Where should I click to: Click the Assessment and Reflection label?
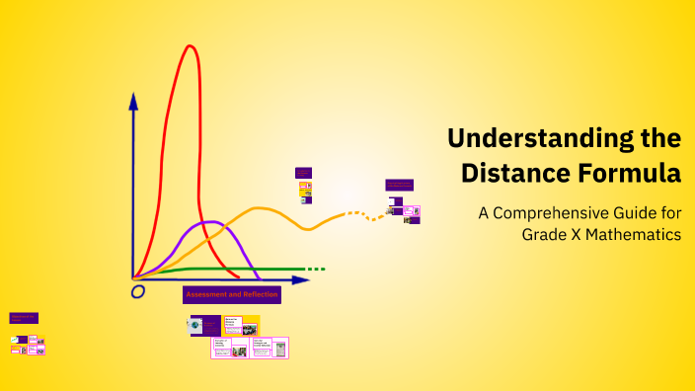pos(232,294)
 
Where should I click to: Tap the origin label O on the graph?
pos(138,291)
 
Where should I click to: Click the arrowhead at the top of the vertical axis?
pos(133,100)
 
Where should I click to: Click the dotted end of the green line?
pos(315,269)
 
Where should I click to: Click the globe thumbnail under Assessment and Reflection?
pos(196,324)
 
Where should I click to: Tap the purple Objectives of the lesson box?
pos(24,318)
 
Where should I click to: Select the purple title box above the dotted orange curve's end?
pos(399,185)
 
